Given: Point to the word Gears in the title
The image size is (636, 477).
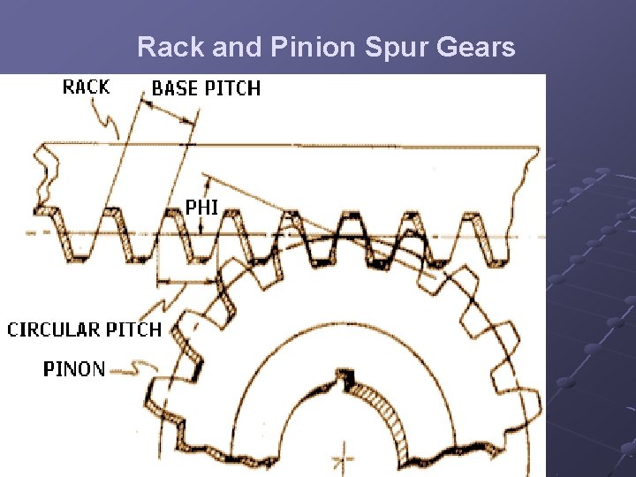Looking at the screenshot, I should (x=477, y=47).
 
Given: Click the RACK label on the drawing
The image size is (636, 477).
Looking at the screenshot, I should (x=87, y=87).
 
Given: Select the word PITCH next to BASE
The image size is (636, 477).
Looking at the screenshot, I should (x=233, y=88).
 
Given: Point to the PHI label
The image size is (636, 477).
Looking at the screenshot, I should (x=201, y=208).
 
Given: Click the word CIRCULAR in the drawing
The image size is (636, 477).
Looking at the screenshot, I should (x=53, y=329).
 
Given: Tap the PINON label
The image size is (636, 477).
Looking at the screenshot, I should (x=74, y=368).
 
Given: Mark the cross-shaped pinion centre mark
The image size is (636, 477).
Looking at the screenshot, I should (x=344, y=459).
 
